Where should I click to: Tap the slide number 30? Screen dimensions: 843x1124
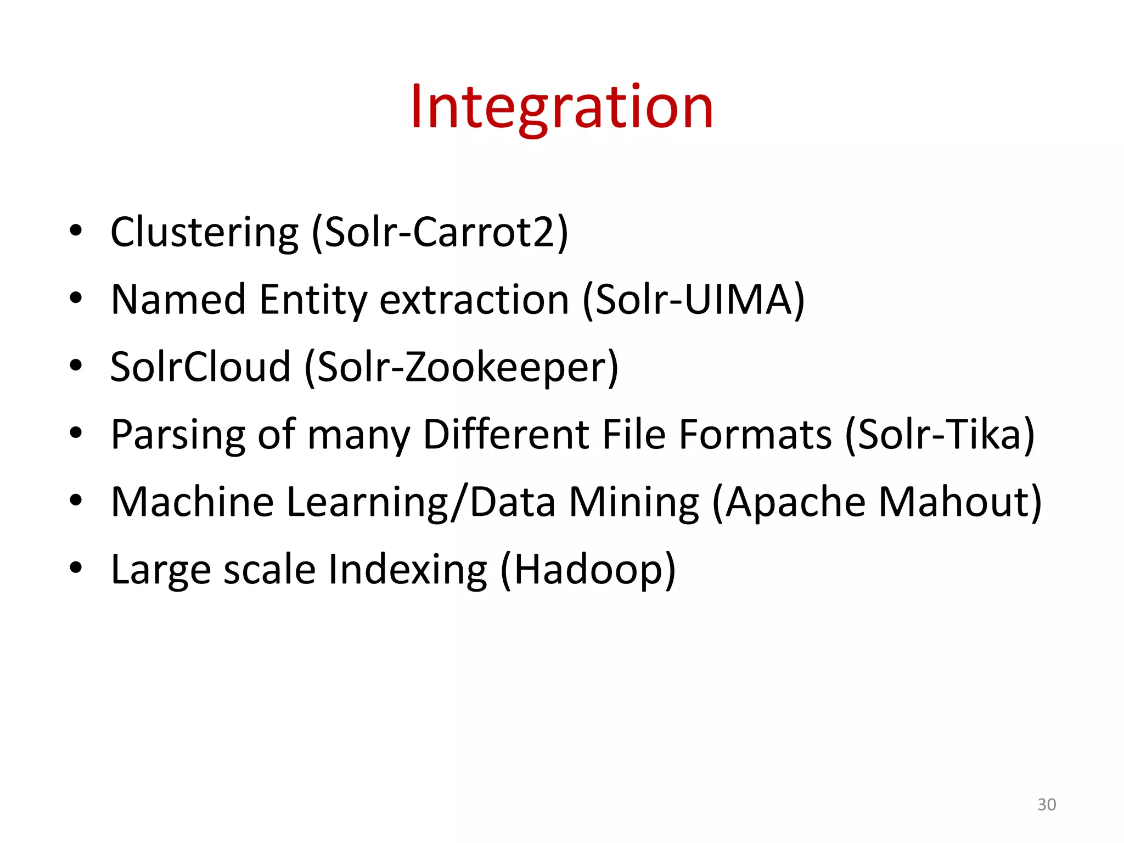1046,804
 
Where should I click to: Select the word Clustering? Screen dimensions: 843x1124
204,233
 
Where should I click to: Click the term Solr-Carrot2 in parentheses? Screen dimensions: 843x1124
440,233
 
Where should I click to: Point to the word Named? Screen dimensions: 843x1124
178,300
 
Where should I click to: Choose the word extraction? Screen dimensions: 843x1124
474,300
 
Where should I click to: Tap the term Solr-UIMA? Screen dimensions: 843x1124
694,300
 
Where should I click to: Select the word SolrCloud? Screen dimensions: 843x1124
200,367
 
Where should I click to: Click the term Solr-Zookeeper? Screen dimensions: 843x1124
461,367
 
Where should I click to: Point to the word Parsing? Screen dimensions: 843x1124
178,435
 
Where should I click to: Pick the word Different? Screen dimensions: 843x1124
505,434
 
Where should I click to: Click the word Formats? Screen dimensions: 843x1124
755,434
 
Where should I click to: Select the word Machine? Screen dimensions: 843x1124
192,502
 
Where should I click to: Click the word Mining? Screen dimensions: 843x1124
634,502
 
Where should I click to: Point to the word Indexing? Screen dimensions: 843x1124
407,570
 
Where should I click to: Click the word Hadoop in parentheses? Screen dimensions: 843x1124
588,570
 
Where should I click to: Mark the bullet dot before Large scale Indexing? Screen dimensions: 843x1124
76,567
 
